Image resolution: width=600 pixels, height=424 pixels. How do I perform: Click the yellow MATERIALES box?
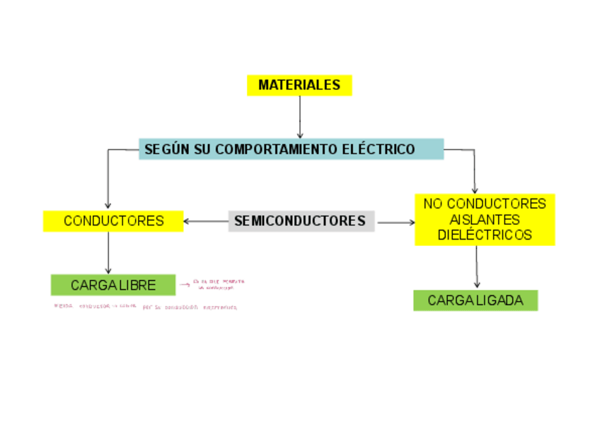299,86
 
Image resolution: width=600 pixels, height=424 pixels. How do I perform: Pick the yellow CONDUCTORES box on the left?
113,221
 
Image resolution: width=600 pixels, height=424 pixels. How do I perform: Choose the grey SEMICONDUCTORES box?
300,221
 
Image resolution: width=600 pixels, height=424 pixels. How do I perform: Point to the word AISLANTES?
485,220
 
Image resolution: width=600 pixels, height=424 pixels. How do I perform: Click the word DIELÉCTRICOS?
485,235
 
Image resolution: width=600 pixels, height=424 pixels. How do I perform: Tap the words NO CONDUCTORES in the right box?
485,204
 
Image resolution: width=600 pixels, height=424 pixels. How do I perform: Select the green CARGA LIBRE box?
113,285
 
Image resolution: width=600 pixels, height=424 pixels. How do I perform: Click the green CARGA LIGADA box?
475,300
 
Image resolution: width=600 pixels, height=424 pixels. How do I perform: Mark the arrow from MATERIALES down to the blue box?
300,117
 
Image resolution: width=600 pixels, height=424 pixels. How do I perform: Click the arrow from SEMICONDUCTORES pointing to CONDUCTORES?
205,222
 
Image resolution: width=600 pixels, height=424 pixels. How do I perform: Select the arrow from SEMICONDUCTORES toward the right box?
396,223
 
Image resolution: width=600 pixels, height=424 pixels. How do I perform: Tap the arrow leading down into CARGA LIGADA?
477,266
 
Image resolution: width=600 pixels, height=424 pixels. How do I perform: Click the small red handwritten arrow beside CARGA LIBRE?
185,284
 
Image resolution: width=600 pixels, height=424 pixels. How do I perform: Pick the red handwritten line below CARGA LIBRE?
145,307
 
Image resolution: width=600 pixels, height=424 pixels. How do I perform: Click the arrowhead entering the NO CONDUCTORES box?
475,189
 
